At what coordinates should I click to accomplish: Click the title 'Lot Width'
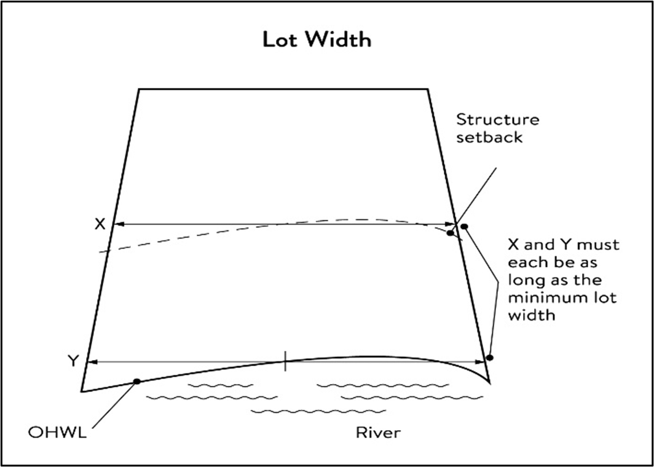coord(317,40)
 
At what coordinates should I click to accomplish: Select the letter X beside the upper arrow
coord(100,224)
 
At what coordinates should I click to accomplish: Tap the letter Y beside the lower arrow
coord(73,361)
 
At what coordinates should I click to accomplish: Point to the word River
coord(378,433)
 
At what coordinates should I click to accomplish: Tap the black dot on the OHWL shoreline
coord(136,382)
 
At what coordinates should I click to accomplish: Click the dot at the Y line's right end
coord(489,358)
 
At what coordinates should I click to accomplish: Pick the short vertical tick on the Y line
coord(285,361)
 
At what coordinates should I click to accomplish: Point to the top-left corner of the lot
coord(140,90)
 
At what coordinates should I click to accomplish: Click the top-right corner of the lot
coord(428,90)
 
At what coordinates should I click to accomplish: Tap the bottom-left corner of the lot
coord(82,390)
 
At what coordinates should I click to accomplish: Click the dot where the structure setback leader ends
coord(450,233)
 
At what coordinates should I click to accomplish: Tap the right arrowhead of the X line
coord(454,224)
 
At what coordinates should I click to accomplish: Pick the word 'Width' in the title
coord(341,40)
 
